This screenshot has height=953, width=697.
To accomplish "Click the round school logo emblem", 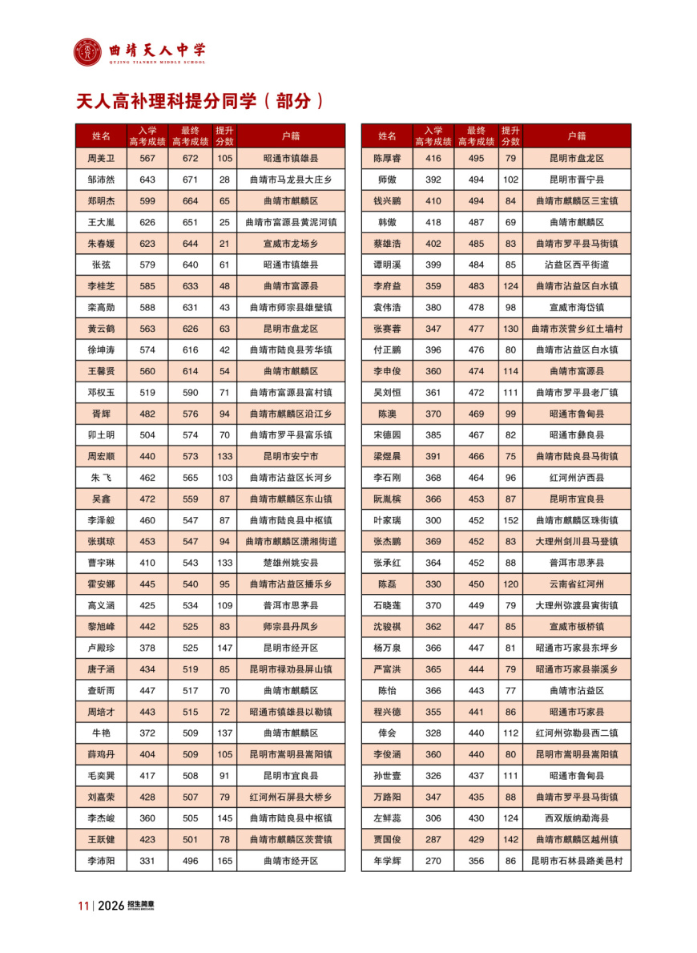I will [x=88, y=53].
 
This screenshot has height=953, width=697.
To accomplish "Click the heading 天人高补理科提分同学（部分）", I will [x=200, y=101].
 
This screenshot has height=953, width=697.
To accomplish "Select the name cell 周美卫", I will [x=101, y=159].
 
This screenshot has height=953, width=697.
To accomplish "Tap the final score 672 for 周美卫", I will [x=190, y=159].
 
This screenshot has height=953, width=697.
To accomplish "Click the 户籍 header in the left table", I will [x=291, y=135].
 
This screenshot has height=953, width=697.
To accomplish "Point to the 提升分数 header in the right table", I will [x=510, y=135].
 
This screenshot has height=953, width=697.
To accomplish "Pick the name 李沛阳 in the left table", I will [x=101, y=861].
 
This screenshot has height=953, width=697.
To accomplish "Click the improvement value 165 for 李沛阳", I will [x=224, y=861].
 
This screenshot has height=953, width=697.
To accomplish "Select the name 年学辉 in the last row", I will [x=387, y=861].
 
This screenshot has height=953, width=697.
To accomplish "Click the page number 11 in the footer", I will [x=83, y=905].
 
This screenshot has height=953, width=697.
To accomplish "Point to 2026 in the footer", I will [x=111, y=905].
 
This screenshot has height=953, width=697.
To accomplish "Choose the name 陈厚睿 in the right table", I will [x=387, y=159].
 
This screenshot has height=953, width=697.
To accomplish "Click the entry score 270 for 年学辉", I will [x=433, y=861].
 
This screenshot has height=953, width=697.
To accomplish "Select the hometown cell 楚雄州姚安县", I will [x=291, y=563].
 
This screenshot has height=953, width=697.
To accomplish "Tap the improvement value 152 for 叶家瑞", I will [x=510, y=520].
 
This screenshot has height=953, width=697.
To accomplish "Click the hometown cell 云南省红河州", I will [x=577, y=584].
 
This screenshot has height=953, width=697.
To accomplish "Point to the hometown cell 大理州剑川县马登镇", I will [x=577, y=542].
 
